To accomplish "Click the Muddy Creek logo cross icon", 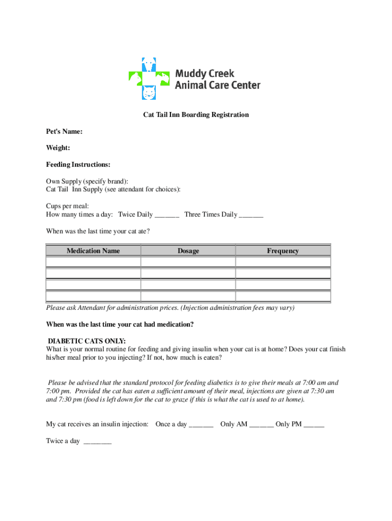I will [x=149, y=78].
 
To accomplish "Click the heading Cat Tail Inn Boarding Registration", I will [x=196, y=114].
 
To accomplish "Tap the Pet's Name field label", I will [x=64, y=131].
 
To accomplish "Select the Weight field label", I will [x=58, y=148].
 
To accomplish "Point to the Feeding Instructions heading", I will [x=78, y=164].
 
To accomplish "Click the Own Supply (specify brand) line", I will [x=87, y=181].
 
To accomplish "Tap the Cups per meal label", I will [x=67, y=206].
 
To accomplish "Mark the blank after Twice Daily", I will [x=167, y=215].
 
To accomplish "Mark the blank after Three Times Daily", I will [x=250, y=215].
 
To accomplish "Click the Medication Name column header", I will [x=93, y=250].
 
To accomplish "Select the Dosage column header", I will [x=188, y=250].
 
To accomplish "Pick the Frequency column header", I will [x=283, y=250].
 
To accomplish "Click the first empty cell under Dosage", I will [x=188, y=262].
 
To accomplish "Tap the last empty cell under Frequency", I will [x=283, y=297].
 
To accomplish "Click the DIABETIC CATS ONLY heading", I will [x=87, y=341].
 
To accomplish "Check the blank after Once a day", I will [x=201, y=425].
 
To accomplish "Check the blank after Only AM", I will [x=262, y=425].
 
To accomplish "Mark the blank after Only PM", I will [x=314, y=425].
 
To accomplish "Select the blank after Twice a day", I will [x=97, y=442].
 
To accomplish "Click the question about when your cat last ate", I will [x=98, y=231].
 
